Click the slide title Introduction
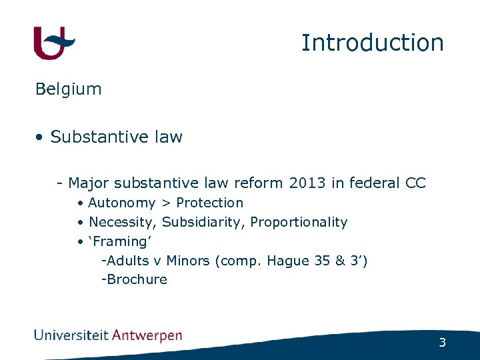point(372,43)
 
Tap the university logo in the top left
point(54,43)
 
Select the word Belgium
point(69,89)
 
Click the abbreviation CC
point(415,183)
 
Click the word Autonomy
point(122,203)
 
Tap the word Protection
point(209,203)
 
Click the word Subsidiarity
point(203,222)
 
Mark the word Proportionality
point(299,222)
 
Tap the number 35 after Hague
point(322,261)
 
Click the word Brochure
point(137,280)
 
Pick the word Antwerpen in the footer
point(147,335)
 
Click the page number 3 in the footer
point(442,343)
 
